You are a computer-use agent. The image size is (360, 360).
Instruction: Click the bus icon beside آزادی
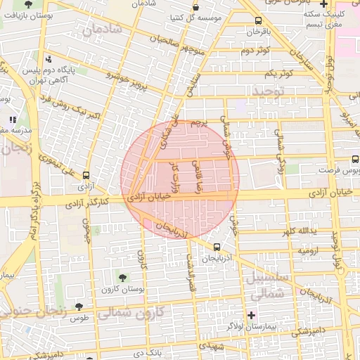(86, 175)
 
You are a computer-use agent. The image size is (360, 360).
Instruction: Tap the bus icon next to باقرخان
(259, 20)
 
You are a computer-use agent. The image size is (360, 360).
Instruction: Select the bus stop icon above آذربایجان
(217, 247)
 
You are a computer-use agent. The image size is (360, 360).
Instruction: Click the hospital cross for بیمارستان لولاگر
(251, 314)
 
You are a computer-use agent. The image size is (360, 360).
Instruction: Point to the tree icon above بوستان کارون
(124, 277)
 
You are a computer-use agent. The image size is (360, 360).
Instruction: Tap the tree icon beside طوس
(79, 307)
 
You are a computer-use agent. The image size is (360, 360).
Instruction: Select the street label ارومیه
(309, 251)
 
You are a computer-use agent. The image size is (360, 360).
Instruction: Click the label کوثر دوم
(257, 51)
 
